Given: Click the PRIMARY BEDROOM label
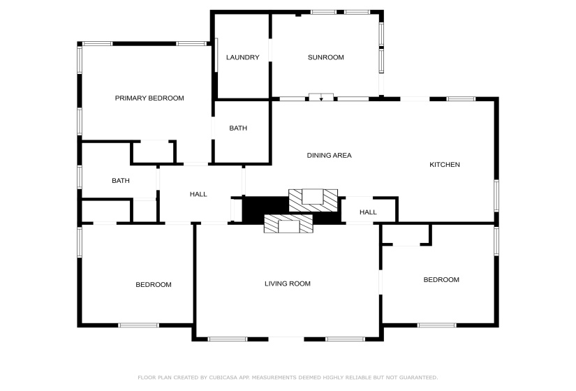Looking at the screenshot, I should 149,98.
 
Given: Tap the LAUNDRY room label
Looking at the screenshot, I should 242,57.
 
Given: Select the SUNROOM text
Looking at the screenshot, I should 325,57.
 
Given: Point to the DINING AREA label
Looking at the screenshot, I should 329,155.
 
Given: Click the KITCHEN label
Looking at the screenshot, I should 444,165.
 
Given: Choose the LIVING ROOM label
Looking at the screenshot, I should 287,283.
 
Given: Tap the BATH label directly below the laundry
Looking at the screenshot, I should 238,128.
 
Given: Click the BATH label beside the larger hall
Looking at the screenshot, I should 121,181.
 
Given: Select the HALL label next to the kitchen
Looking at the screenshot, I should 368,212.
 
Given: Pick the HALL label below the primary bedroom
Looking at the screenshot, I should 198,194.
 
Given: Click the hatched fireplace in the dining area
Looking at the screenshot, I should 313,200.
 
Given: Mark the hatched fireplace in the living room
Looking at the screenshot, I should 288,224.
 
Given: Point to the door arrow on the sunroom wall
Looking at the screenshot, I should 320,98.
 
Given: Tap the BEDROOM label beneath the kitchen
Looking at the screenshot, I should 441,280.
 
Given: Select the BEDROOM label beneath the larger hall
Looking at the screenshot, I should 153,285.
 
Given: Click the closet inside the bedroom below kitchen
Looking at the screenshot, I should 406,235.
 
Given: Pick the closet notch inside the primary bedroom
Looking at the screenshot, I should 153,152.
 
